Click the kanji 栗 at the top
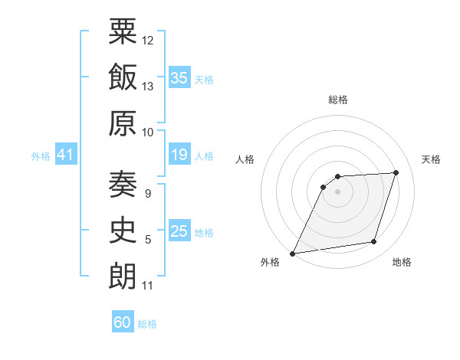[x=123, y=31]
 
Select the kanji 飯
[x=123, y=77]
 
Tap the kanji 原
[x=123, y=123]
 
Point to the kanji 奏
[x=123, y=185]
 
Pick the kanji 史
[x=123, y=230]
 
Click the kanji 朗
[x=123, y=277]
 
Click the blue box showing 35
[x=179, y=77]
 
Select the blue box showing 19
[x=179, y=154]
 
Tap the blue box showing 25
[x=179, y=230]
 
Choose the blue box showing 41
[x=66, y=154]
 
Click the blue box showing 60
[x=123, y=321]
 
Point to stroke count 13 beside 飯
[x=147, y=87]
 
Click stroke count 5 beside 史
[x=148, y=240]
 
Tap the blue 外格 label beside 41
[x=41, y=156]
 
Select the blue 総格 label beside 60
[x=147, y=324]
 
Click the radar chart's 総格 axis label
[x=338, y=100]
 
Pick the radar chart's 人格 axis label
[x=245, y=159]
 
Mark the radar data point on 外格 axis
[x=292, y=254]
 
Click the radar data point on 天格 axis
[x=396, y=172]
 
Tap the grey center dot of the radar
[x=337, y=191]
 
